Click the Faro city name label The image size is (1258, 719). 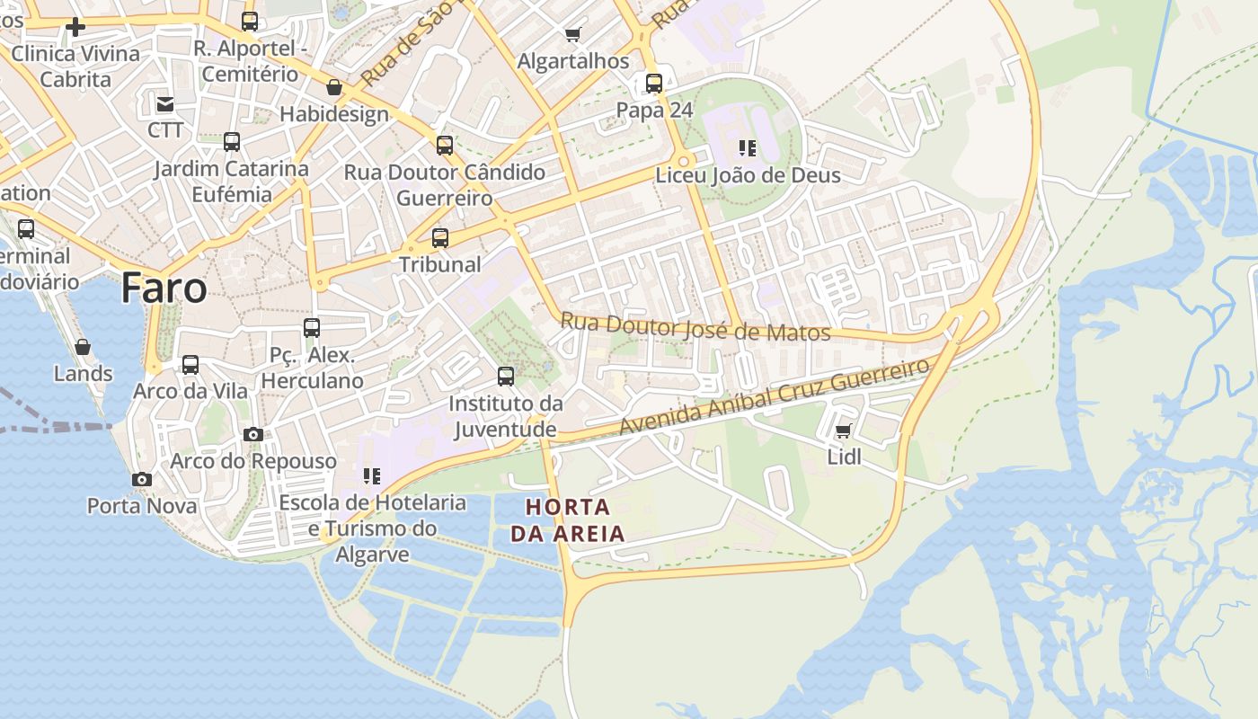164,288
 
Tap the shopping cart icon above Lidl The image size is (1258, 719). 843,432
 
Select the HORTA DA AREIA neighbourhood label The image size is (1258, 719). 567,519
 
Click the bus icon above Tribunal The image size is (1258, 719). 440,238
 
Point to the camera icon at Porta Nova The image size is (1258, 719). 141,480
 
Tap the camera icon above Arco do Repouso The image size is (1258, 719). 253,435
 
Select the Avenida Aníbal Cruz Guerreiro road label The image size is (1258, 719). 774,396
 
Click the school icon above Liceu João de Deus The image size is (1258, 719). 748,147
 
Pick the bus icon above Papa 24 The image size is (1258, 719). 654,84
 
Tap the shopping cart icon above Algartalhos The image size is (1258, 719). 572,35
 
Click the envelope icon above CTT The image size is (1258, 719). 165,104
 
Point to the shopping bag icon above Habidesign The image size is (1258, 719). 334,87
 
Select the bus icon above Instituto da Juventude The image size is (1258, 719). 506,377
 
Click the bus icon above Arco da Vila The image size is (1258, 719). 190,365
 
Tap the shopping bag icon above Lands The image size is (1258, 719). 83,347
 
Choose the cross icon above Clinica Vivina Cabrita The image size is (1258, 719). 75,27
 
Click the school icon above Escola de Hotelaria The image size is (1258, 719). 372,476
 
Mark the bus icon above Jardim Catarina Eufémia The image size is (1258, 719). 232,142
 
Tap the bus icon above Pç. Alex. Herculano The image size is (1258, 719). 312,328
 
